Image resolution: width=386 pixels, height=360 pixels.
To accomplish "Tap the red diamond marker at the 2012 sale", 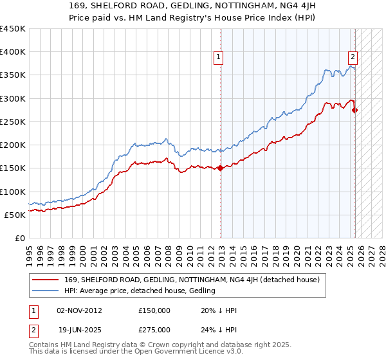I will [x=221, y=168].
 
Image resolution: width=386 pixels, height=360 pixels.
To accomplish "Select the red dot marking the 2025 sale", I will [x=355, y=111].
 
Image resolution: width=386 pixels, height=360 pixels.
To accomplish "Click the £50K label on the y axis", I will [x=15, y=215].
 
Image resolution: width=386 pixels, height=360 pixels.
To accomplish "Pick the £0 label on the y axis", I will [x=19, y=238].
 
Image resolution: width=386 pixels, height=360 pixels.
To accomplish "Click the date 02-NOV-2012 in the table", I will [x=79, y=310].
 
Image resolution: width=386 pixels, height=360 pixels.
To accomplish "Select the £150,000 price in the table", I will [x=154, y=310].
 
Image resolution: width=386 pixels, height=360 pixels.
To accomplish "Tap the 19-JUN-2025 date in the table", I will [x=79, y=329].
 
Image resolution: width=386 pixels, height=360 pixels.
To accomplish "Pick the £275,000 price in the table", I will [x=154, y=329].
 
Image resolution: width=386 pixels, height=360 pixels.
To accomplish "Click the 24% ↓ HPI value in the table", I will [x=219, y=329].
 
